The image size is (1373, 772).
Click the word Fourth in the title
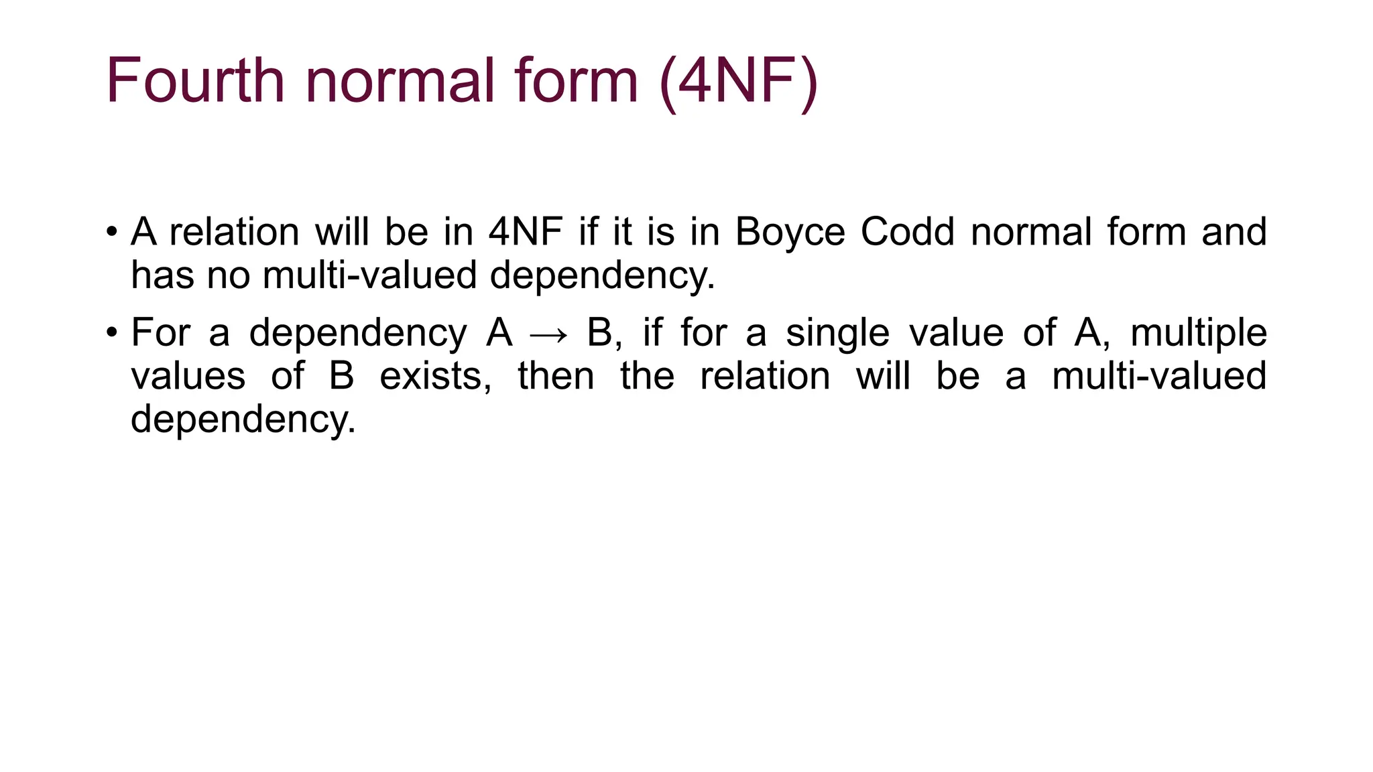tap(195, 81)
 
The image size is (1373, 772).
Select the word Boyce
tap(790, 232)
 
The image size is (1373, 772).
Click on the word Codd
tap(907, 232)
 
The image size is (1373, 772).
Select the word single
tap(837, 333)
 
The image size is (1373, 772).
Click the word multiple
tap(1199, 333)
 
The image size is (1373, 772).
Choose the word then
tap(556, 376)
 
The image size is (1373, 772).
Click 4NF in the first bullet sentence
tap(525, 232)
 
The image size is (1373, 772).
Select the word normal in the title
tap(400, 81)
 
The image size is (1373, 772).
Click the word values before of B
tap(188, 376)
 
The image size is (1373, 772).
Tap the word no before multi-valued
tap(228, 275)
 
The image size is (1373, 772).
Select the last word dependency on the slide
tap(242, 420)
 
